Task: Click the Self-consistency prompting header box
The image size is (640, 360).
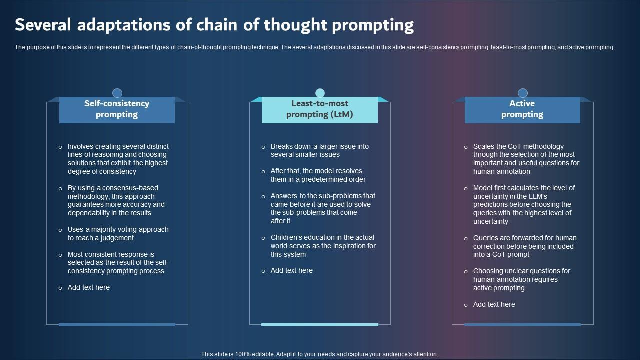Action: click(117, 109)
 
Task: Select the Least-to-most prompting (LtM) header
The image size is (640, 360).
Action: click(320, 109)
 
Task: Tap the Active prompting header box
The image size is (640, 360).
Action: click(522, 109)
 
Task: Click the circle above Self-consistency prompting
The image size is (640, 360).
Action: click(117, 93)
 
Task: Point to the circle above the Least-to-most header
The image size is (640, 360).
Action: click(320, 93)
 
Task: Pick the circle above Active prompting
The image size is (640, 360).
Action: click(523, 93)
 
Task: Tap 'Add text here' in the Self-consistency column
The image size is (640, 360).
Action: click(89, 287)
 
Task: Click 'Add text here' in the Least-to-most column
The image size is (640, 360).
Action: click(292, 270)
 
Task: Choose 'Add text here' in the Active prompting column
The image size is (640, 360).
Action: click(494, 304)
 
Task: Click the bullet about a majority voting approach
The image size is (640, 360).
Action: click(118, 234)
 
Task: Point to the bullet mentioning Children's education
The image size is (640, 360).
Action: click(323, 246)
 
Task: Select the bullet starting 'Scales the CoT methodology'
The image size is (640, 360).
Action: click(526, 159)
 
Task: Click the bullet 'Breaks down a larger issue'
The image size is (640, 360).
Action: click(320, 150)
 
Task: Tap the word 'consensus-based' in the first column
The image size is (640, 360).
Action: click(112, 188)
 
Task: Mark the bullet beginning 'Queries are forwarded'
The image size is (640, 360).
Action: click(525, 246)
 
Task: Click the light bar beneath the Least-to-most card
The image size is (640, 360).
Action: click(320, 324)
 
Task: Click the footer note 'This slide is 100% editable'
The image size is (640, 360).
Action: click(320, 354)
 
